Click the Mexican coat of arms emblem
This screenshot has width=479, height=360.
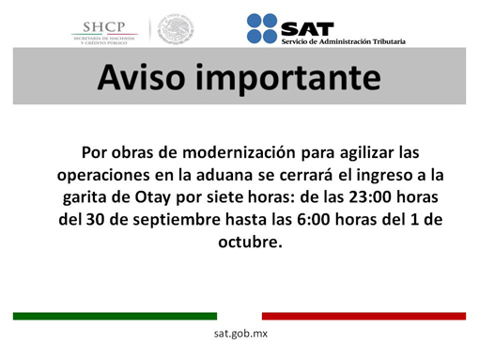175,29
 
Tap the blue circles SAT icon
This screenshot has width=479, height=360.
262,28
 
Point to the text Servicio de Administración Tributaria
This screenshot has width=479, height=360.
342,40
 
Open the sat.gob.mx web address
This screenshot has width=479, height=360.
240,335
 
